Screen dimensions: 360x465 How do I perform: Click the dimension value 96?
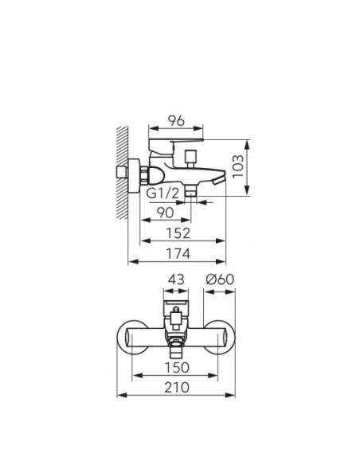pos(176,120)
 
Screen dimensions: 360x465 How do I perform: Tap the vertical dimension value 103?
pos(238,166)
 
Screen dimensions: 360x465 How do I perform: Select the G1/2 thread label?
pos(163,193)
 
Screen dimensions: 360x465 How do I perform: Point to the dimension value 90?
pos(165,213)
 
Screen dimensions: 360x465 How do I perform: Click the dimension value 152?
pos(178,233)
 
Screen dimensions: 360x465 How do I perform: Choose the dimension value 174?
pos(178,254)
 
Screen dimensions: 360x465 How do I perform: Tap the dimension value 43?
pos(176,279)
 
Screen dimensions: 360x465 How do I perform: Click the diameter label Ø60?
pos(220,279)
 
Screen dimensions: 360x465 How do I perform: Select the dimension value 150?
pos(177,368)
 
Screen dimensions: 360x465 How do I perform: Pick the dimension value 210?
pos(177,388)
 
